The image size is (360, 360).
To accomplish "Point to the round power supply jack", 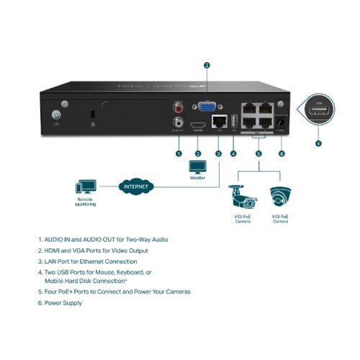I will tap(282, 124).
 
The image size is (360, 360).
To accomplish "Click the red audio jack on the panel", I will tap(177, 108).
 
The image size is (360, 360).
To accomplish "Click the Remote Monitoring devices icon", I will tap(85, 186).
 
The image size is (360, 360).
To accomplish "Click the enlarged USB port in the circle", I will tap(320, 112).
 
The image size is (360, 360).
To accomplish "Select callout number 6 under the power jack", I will tap(282, 153).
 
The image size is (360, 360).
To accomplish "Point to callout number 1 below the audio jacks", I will tap(178, 153).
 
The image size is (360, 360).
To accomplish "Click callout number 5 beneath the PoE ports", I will tap(259, 153).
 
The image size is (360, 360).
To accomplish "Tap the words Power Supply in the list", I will tap(63, 303).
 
